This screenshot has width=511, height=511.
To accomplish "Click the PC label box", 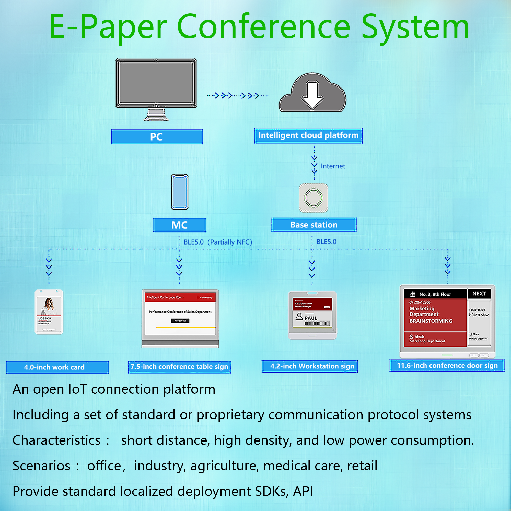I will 157,137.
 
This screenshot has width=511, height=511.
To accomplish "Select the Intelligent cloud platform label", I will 308,135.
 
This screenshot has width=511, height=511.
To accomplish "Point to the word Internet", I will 333,166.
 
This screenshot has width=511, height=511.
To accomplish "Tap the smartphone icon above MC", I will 180,192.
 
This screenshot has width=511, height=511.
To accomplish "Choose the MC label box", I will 180,225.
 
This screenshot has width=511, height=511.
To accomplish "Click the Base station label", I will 314,225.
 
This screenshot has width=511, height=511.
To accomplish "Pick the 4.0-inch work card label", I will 54,367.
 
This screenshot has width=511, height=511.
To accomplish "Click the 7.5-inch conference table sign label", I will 179,367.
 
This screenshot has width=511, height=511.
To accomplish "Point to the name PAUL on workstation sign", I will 310,318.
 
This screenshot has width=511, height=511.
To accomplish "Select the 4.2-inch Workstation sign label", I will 312,366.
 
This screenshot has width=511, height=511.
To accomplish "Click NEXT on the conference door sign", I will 479,294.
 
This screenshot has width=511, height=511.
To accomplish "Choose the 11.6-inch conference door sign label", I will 447,366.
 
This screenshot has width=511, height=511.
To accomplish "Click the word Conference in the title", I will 263,27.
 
